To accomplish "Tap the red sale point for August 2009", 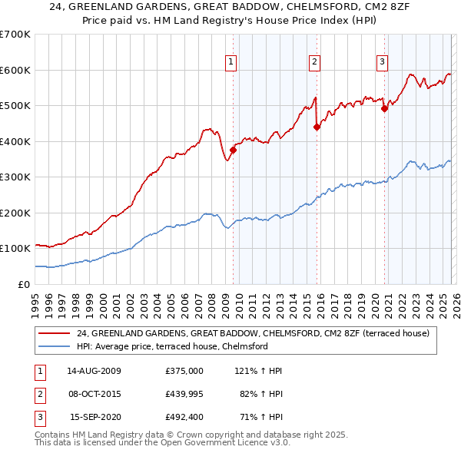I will click(x=233, y=150).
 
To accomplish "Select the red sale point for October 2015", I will click(x=317, y=127).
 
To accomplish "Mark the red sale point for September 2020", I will click(x=384, y=108).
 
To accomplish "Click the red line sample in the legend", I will click(x=54, y=333).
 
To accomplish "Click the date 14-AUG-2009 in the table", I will click(x=94, y=371).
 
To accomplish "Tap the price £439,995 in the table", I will click(x=184, y=394).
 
